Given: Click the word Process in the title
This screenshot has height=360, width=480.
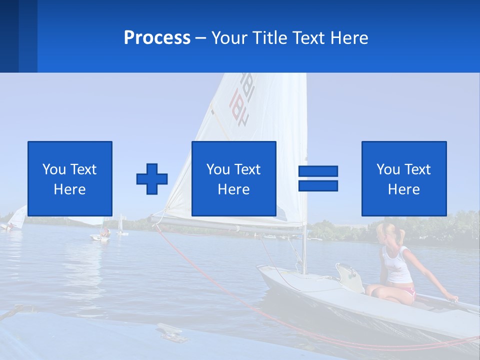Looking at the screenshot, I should (x=157, y=38).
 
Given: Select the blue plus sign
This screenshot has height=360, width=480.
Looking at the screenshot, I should (x=152, y=179).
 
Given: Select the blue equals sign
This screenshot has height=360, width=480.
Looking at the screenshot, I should (x=318, y=178).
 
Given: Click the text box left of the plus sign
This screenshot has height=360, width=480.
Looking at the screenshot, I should (x=70, y=178).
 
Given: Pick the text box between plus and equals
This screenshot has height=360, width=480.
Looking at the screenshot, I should (x=233, y=178).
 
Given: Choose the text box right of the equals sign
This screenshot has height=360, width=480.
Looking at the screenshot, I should (x=403, y=178).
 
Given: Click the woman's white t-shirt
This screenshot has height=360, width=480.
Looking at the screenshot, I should (x=397, y=265).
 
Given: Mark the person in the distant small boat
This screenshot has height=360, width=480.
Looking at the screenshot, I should (x=105, y=232).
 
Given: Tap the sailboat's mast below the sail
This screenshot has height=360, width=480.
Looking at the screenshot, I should (x=303, y=250).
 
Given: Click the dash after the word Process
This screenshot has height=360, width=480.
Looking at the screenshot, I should (x=200, y=38).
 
